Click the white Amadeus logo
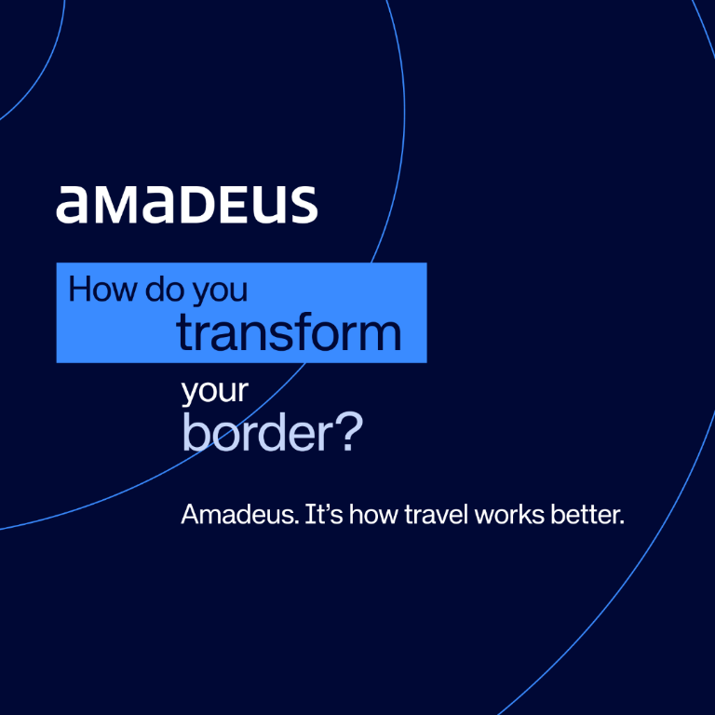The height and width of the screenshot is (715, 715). point(186,204)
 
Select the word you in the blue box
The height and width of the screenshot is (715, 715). point(221,290)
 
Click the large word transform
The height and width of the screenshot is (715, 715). point(290,332)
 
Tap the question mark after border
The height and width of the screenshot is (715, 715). point(345,434)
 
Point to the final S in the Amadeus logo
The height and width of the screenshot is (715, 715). point(302,204)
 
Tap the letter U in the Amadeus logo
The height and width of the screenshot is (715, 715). point(268,204)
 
